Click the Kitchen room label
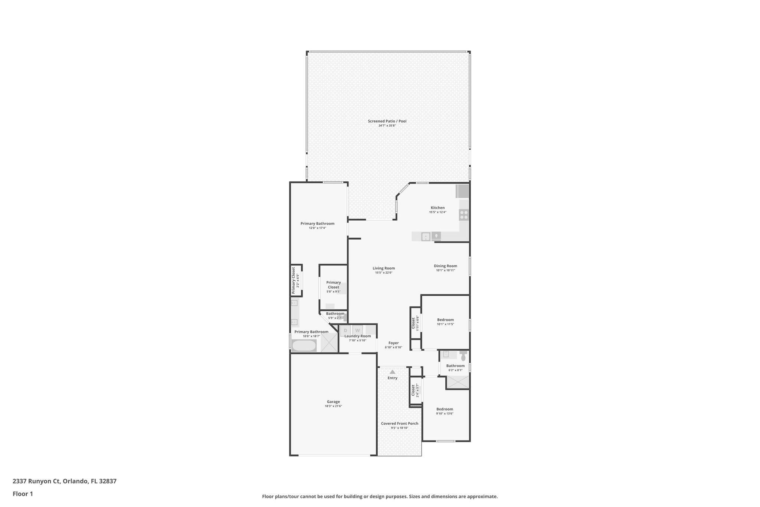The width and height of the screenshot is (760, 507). pos(438,208)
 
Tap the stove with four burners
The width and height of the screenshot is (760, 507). pos(464,215)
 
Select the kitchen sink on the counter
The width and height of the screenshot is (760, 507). pos(426,236)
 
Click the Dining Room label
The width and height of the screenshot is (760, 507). pos(445,266)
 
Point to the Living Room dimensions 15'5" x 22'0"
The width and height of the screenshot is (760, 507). pos(384,273)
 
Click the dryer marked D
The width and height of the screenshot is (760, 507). pos(345,330)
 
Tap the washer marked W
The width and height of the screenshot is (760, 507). pos(358,330)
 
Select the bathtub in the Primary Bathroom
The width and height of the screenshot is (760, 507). pos(304,346)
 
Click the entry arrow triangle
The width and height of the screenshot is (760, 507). pos(392,371)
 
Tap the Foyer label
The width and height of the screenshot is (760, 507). pos(393,343)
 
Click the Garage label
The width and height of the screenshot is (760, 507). pos(333,402)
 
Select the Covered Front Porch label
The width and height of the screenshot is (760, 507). pos(400,423)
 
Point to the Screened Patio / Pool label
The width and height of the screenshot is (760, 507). pos(387,121)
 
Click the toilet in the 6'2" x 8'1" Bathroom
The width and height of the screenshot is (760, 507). pos(463,357)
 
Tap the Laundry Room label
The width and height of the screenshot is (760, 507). pos(357,336)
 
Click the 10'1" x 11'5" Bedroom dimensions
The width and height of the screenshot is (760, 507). pos(445,324)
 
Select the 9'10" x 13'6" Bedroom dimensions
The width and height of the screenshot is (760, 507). pos(445,413)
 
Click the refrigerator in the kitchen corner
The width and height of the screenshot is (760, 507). pos(463,191)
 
